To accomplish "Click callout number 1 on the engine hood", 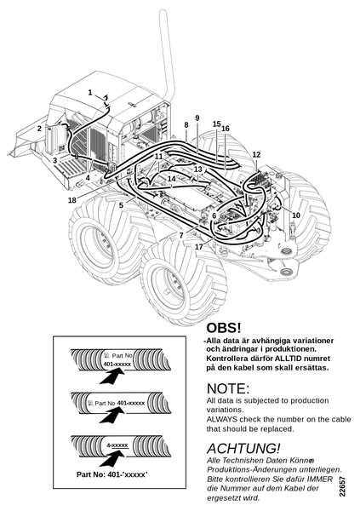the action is click(90, 93).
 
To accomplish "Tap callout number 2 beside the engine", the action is click(39, 129).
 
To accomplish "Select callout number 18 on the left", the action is click(72, 200).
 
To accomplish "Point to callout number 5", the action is click(121, 205).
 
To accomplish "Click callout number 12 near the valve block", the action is click(257, 154).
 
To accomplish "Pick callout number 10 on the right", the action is click(296, 215).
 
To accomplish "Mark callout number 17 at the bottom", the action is click(199, 247).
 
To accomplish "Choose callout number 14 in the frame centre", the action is click(172, 179).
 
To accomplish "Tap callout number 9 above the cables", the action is click(197, 118).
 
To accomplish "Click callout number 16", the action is click(226, 129).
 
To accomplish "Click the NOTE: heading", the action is click(228, 388).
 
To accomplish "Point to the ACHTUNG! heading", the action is click(243, 449).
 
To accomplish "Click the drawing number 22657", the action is click(341, 487).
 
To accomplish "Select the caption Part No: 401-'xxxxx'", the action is click(112, 474).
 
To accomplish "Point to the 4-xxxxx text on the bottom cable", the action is click(117, 445).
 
